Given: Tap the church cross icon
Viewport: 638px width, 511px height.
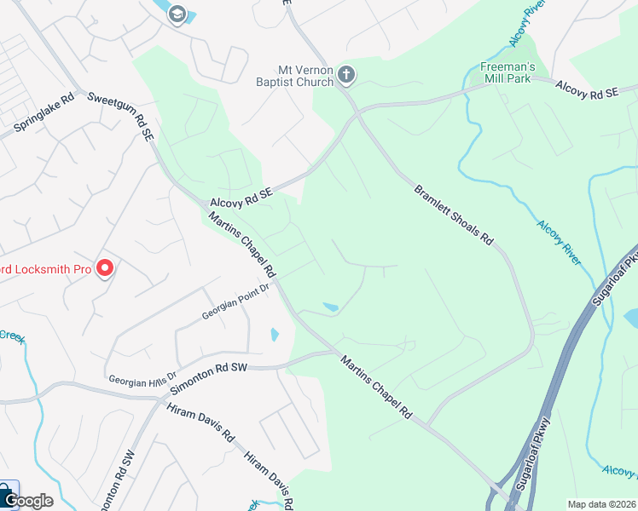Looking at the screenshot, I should tap(346, 75).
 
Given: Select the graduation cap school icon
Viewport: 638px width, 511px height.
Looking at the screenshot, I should tap(177, 13).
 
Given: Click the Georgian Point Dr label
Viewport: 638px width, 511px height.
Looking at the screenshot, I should tap(235, 301).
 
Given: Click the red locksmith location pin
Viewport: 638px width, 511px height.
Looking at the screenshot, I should tap(105, 268).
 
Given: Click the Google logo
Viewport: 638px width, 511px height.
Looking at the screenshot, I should tap(27, 501).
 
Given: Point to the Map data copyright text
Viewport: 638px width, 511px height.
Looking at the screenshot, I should tap(601, 504).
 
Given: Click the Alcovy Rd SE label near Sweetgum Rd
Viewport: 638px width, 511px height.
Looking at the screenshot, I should tap(241, 198).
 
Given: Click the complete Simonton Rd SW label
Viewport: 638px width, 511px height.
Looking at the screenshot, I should tap(209, 375).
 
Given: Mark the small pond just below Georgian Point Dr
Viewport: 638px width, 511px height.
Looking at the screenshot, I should tap(274, 335).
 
